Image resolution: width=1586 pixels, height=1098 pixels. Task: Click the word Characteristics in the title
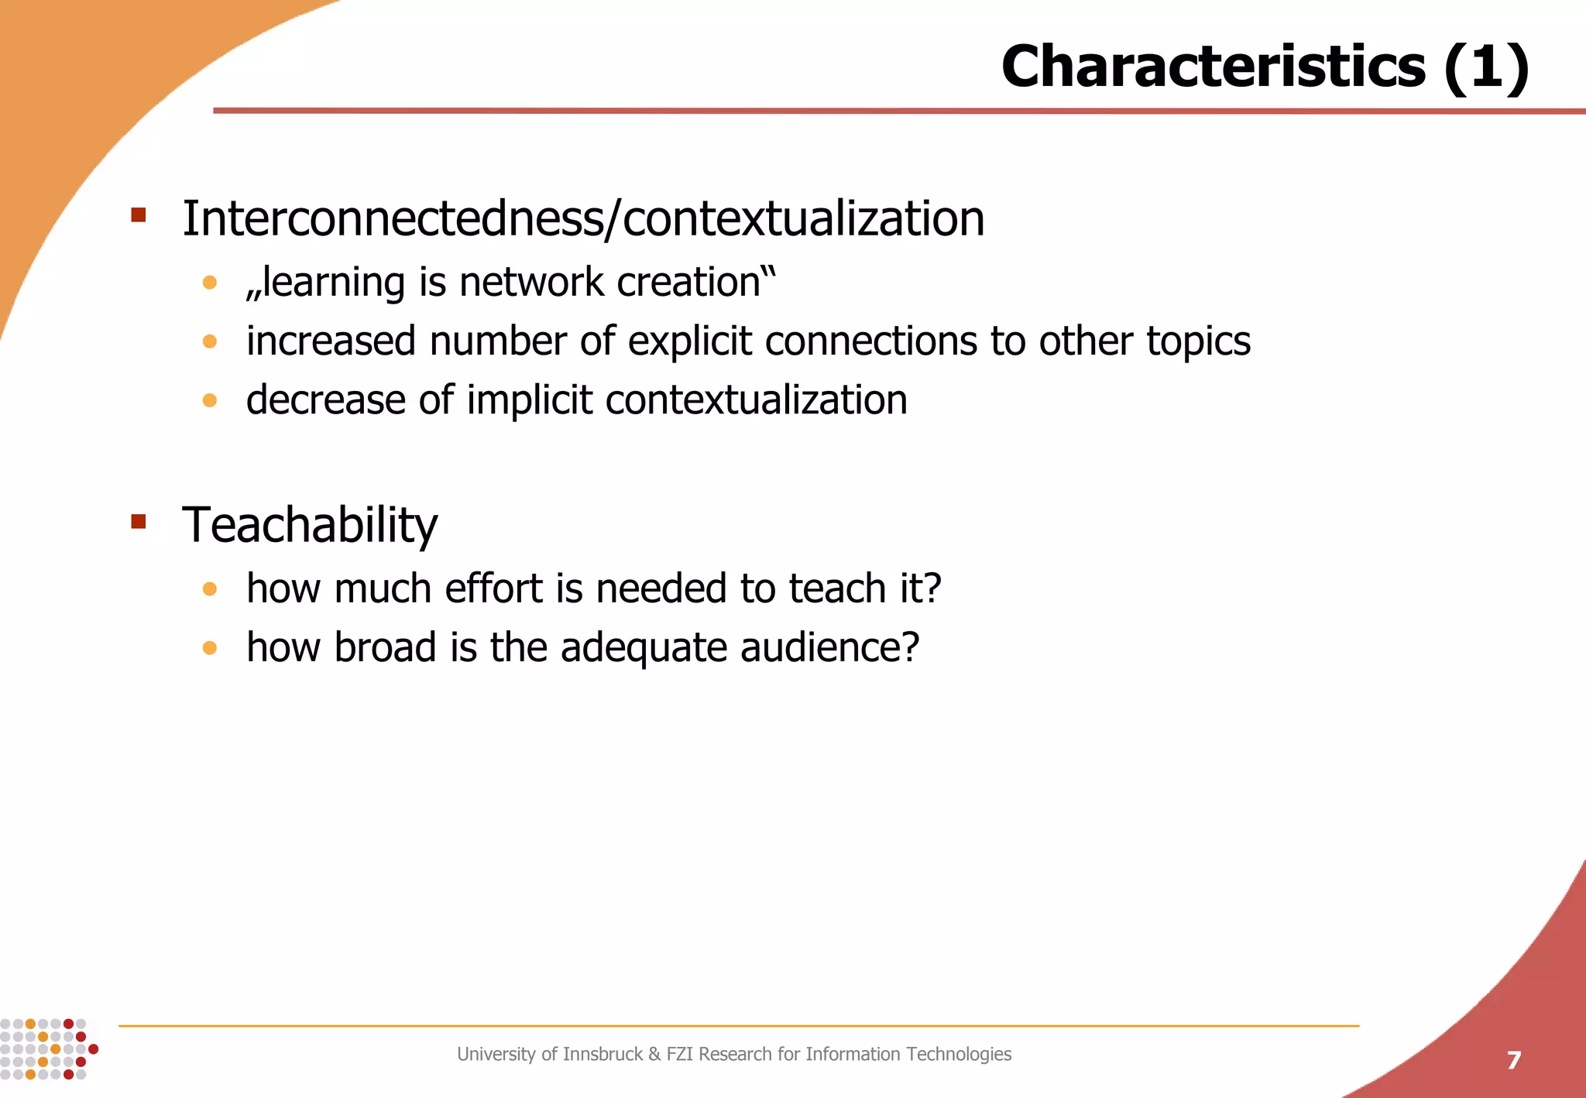click(1213, 67)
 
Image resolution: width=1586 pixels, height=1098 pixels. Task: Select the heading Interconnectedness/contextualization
click(583, 219)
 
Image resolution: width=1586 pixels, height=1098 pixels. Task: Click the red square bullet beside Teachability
click(139, 521)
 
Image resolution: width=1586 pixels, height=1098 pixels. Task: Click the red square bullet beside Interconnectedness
click(139, 214)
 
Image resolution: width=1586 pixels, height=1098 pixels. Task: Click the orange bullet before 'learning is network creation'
click(209, 283)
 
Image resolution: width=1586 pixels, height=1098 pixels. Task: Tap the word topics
click(1198, 341)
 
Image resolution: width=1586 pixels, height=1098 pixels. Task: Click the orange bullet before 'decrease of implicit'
click(209, 400)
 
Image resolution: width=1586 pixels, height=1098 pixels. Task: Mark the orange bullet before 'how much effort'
click(209, 589)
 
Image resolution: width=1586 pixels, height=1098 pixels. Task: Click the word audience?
click(829, 647)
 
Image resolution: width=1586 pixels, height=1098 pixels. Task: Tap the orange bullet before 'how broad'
click(209, 647)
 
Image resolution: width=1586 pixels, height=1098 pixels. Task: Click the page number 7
click(1513, 1060)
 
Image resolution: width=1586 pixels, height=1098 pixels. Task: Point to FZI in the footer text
click(680, 1054)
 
